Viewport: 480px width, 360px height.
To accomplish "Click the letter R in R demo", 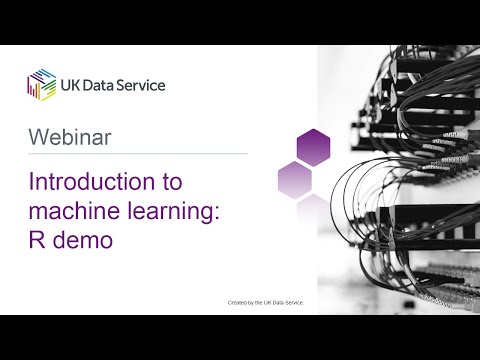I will pyautogui.click(x=37, y=239).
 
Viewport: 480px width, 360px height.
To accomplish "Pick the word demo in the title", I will pyautogui.click(x=83, y=239).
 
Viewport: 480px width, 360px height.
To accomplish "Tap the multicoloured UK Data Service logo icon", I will pyautogui.click(x=41, y=84).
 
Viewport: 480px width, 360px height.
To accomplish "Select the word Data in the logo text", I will pyautogui.click(x=105, y=85).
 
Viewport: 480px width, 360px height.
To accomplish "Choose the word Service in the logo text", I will pyautogui.click(x=145, y=85).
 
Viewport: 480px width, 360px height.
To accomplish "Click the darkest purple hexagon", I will pyautogui.click(x=313, y=146).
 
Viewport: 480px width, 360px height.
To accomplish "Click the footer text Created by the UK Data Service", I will pyautogui.click(x=265, y=301).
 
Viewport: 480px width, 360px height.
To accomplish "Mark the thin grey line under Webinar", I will pyautogui.click(x=137, y=154).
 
